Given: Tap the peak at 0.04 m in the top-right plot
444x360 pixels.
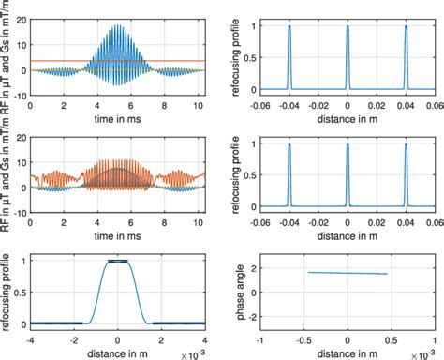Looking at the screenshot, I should coord(407,28).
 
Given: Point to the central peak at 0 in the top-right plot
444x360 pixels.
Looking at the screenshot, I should coord(348,28).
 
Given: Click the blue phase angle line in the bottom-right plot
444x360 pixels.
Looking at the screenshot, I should coord(348,273).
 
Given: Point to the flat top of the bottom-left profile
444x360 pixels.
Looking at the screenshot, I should coord(117,261).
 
